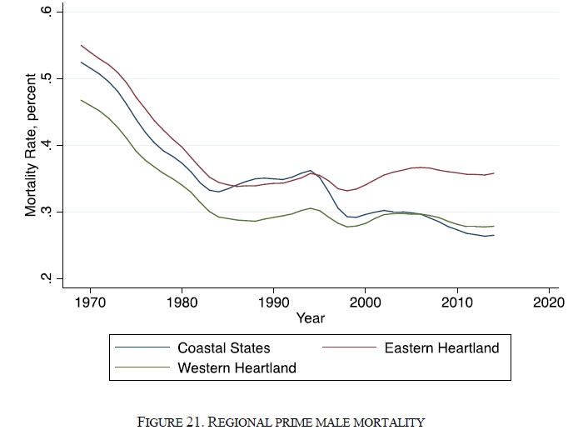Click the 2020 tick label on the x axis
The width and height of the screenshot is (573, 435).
pyautogui.click(x=548, y=302)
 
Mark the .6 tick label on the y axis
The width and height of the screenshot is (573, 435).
pyautogui.click(x=47, y=12)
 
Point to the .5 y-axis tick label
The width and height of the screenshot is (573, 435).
pyautogui.click(x=47, y=79)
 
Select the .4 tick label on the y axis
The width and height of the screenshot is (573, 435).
pyautogui.click(x=47, y=146)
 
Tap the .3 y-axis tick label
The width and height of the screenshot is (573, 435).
pyautogui.click(x=47, y=212)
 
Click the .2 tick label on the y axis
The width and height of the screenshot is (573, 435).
pyautogui.click(x=47, y=278)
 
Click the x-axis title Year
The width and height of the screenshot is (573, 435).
pyautogui.click(x=310, y=317)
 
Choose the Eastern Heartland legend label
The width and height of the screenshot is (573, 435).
pyautogui.click(x=441, y=347)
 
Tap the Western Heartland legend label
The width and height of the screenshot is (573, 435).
pyautogui.click(x=237, y=367)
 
